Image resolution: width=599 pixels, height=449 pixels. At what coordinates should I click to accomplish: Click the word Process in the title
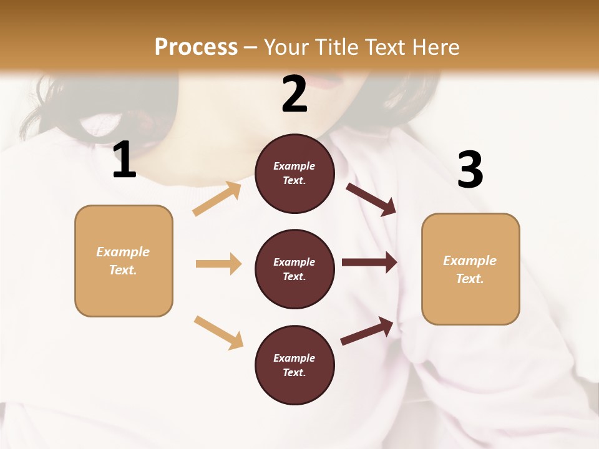coord(196,47)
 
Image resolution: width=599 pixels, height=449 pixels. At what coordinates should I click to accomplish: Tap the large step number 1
coord(124,160)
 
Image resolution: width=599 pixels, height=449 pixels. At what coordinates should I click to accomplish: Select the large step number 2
coord(295,94)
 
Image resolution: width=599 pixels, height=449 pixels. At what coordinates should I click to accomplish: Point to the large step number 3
coord(470,170)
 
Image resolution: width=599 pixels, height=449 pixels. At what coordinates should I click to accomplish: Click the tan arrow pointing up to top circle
coord(217,199)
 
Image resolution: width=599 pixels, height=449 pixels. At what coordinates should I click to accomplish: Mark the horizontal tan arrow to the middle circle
coord(218,264)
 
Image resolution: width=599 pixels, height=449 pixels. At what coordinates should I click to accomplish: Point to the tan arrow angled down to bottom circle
coord(218,332)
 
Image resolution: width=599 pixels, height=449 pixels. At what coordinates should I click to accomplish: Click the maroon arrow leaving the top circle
coord(371,199)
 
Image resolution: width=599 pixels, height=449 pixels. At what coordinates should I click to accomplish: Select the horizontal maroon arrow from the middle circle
coord(369,263)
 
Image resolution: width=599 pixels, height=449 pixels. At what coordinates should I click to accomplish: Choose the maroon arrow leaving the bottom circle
coord(368,331)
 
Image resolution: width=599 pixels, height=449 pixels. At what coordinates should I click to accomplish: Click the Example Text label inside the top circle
coord(295,173)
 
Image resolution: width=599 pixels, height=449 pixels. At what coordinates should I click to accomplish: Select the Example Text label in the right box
coord(470,269)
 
